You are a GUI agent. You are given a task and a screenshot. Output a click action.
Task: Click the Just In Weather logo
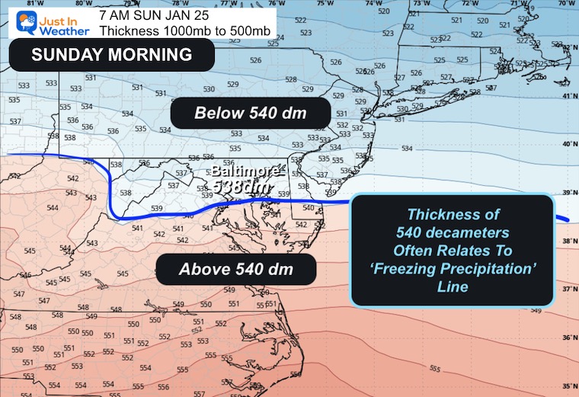46,18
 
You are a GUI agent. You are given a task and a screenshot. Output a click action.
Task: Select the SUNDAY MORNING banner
110,55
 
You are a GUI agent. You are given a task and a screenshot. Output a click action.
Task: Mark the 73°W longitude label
421,4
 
